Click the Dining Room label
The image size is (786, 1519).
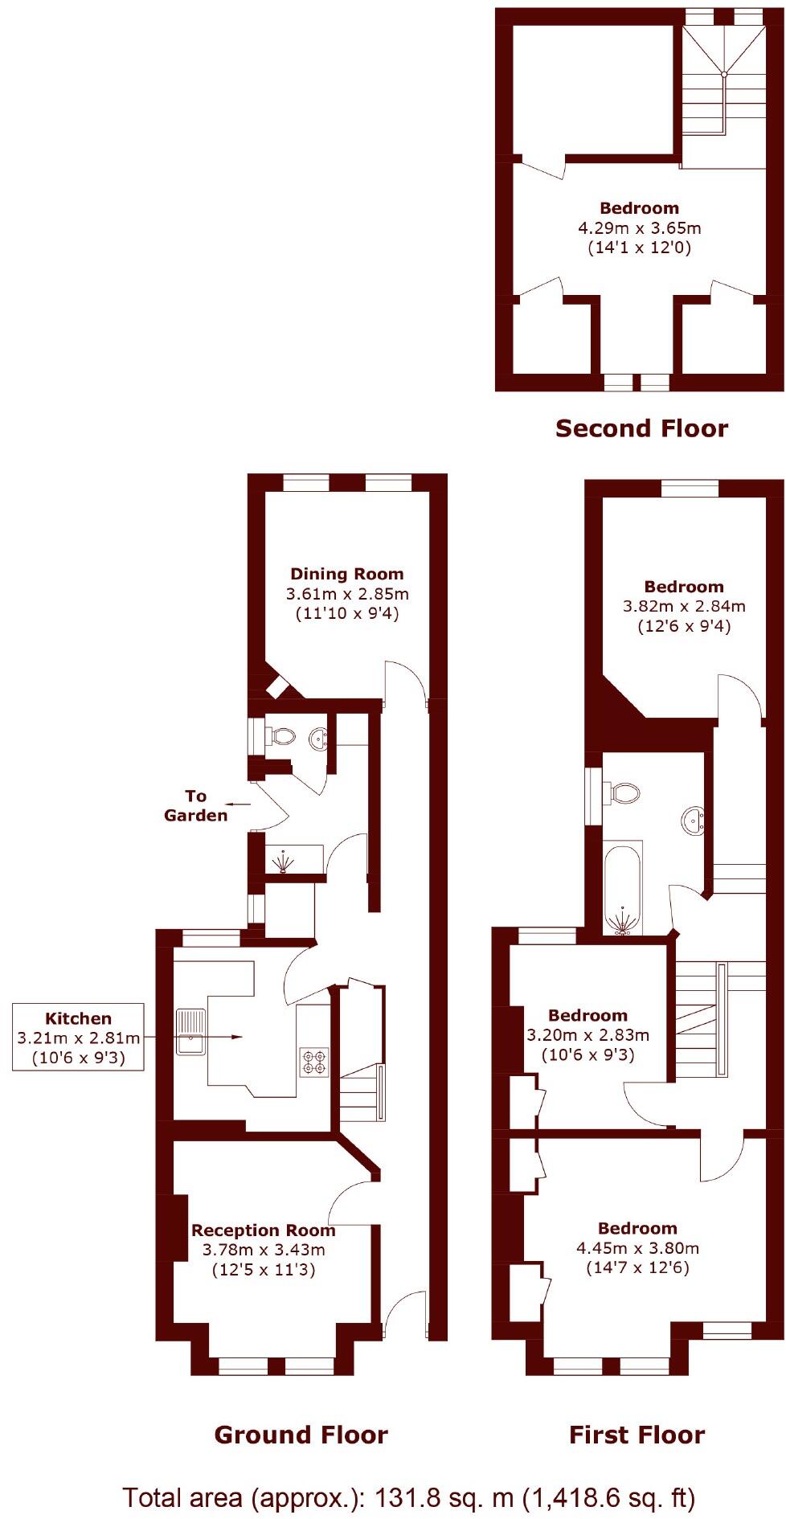346,574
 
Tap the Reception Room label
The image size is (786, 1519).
263,1230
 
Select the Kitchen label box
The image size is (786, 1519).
78,1037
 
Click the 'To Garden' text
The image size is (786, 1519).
195,805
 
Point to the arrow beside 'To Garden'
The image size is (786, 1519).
236,803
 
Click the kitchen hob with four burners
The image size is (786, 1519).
313,1062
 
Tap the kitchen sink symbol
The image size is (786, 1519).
190,1031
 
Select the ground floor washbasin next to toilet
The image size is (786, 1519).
319,737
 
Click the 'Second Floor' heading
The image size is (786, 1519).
641,428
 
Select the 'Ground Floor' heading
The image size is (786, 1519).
301,1435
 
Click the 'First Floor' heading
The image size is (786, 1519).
637,1435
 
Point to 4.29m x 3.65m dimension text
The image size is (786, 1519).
639,227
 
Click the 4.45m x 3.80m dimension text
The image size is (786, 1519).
637,1248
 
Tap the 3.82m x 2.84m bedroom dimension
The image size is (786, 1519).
684,606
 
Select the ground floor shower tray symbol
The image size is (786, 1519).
285,862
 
